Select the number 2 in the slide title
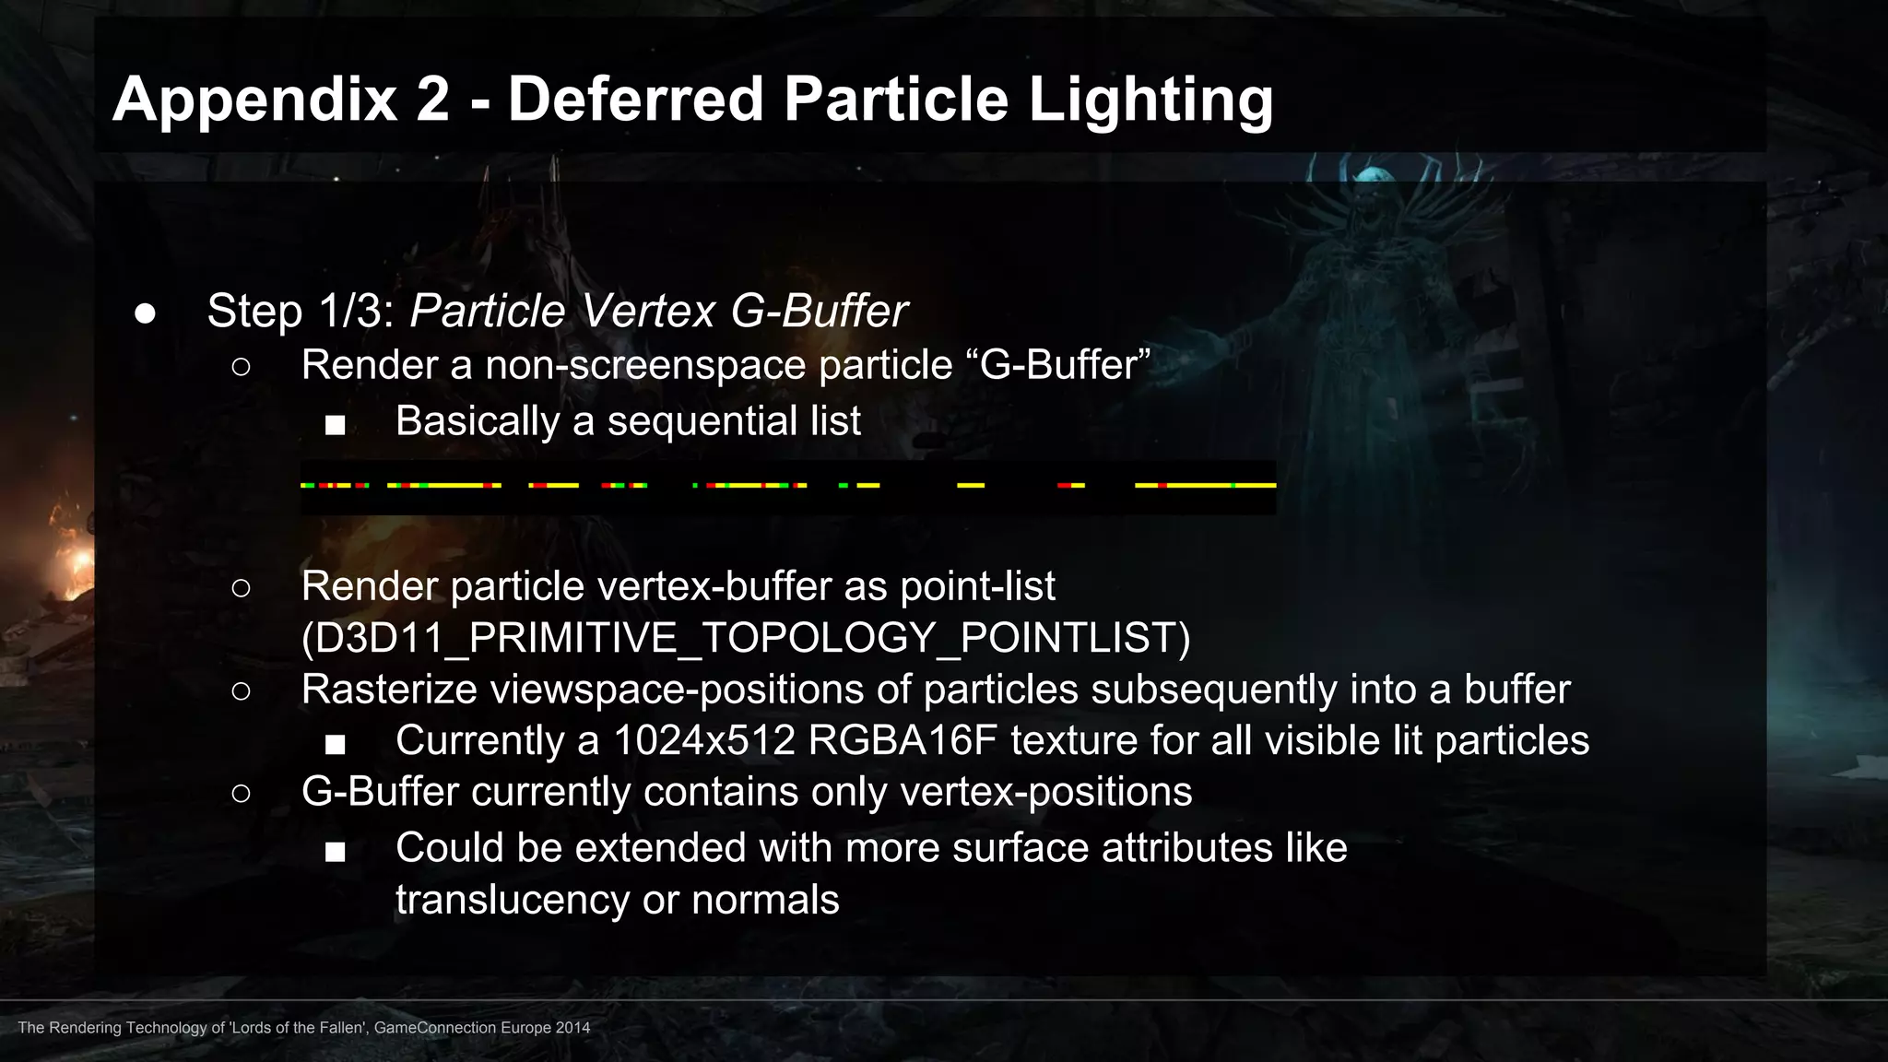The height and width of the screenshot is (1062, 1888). point(432,100)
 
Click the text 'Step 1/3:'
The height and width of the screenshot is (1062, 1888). point(301,311)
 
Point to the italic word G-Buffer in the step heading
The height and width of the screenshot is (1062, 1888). point(819,311)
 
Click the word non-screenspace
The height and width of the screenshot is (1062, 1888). point(645,365)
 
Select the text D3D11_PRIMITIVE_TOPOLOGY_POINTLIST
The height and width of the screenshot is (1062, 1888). point(746,638)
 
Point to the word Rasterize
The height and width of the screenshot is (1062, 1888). point(390,690)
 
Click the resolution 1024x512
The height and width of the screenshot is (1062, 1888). point(703,741)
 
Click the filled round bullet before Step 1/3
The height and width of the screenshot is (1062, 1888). point(145,313)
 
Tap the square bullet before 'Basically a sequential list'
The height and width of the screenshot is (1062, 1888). point(335,425)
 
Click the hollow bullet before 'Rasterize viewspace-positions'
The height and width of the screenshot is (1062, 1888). point(241,690)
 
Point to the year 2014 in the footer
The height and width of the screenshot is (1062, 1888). point(572,1028)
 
